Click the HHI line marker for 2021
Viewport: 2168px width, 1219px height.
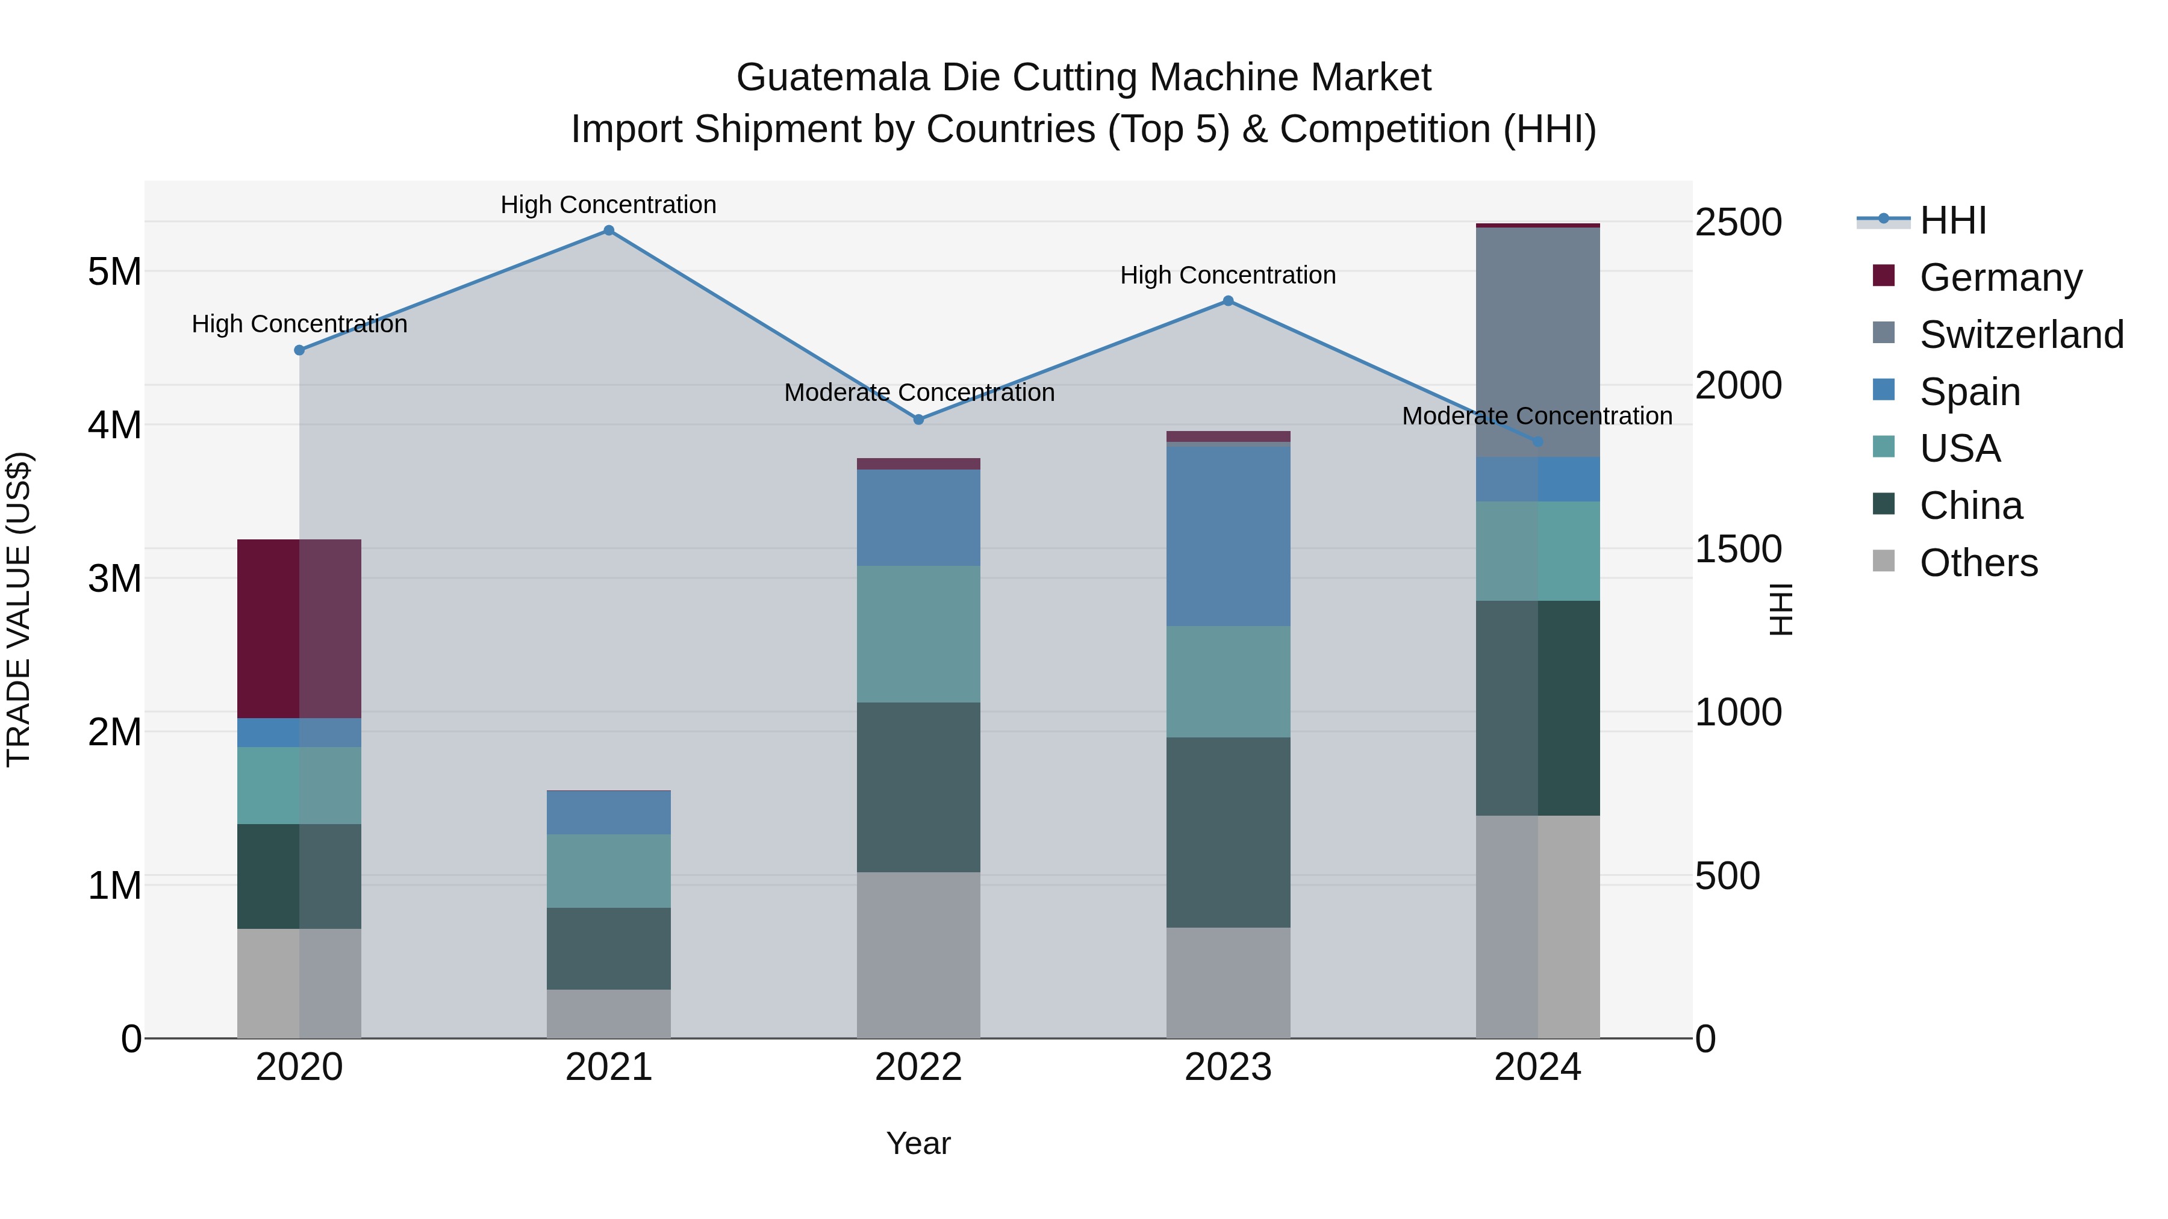[608, 231]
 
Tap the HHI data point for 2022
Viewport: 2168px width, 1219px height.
[918, 419]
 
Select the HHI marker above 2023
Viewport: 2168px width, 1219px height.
[1228, 301]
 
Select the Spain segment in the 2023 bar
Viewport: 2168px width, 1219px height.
[1228, 535]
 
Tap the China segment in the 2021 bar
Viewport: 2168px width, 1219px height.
[608, 948]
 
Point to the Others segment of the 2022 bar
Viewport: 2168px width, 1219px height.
[918, 955]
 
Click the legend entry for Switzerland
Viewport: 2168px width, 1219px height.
[2020, 335]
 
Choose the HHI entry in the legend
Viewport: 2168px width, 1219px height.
[1952, 220]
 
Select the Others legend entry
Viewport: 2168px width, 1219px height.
[1978, 563]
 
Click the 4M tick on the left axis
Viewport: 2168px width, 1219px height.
[114, 425]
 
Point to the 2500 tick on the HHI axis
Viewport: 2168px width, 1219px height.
[1738, 223]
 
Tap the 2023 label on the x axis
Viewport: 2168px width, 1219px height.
[1228, 1067]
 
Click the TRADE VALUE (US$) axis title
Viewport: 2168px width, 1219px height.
[19, 609]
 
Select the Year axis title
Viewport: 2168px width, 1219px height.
[918, 1143]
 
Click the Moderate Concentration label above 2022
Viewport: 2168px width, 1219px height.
[918, 393]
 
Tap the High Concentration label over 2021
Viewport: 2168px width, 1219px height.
[608, 205]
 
